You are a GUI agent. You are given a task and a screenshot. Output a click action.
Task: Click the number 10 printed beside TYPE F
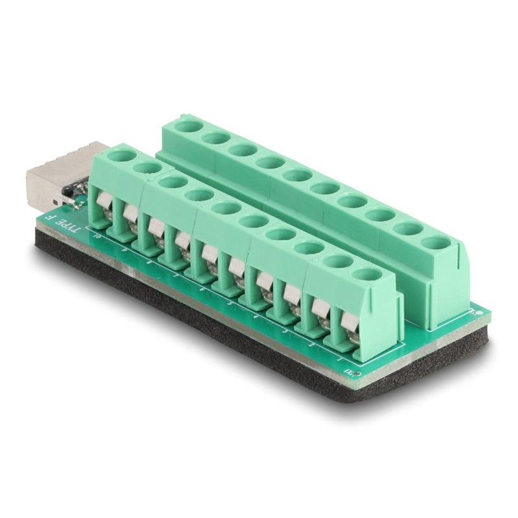point(98,237)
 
